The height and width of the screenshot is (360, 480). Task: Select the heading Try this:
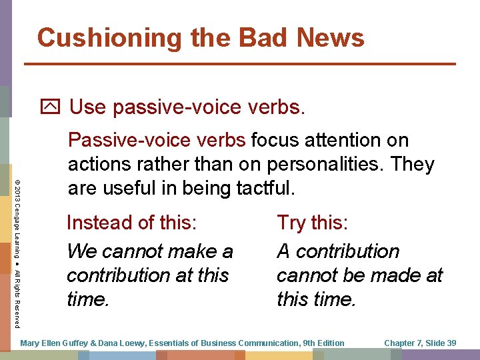[311, 222]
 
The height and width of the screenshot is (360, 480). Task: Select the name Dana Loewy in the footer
[126, 343]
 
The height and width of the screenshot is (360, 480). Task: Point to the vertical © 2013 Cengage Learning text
[17, 213]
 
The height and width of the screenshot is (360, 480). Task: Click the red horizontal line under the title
[240, 64]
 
